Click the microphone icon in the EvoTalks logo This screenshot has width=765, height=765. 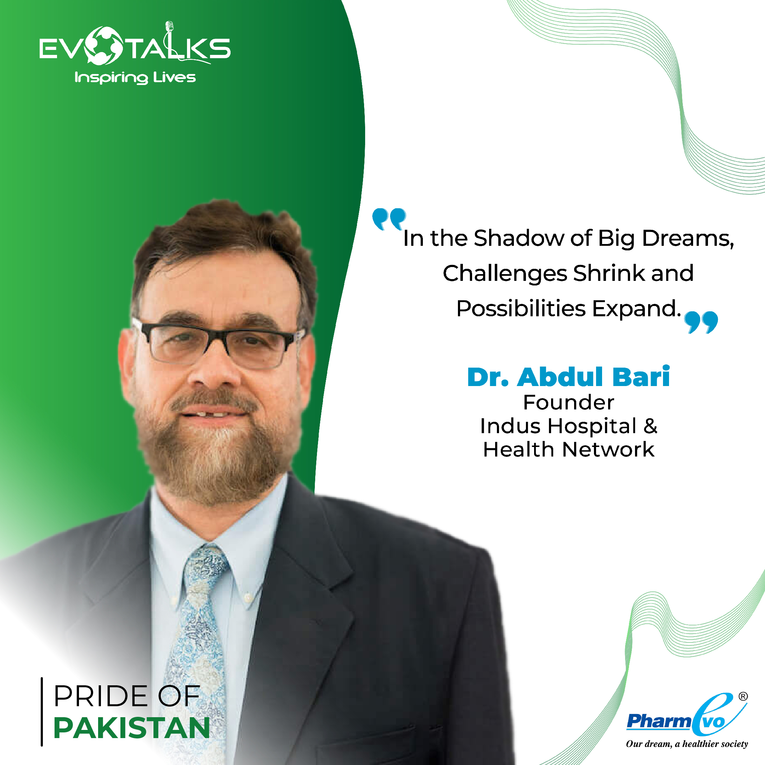coord(170,27)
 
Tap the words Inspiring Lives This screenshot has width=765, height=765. coord(135,78)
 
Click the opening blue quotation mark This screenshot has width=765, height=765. coord(389,219)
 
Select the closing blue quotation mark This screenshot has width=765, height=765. coord(701,322)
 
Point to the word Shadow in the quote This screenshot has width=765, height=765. coord(519,238)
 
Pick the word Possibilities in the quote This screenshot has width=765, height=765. coord(521,308)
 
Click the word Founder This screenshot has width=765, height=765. coord(568,403)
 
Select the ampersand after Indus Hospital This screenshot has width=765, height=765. coord(650,426)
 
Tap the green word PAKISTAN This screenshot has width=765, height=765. coord(131,728)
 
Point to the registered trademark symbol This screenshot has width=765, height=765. coord(743,697)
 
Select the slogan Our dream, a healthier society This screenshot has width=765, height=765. coord(687,744)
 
